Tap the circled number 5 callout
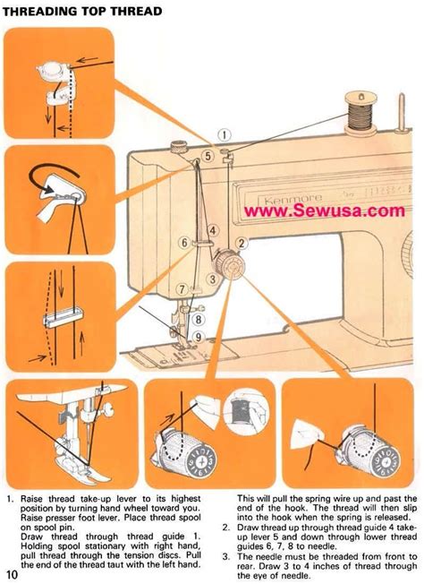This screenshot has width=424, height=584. click(208, 155)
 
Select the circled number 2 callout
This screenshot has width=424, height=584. click(241, 242)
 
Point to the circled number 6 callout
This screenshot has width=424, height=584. click(183, 242)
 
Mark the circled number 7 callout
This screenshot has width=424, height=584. click(182, 288)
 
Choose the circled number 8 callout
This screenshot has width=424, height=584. click(199, 317)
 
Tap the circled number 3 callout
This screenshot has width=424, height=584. click(212, 279)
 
